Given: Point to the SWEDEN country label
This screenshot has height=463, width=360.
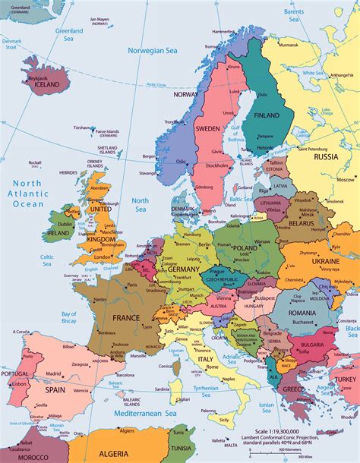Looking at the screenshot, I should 208,129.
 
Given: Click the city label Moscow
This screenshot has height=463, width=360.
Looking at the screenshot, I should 346,180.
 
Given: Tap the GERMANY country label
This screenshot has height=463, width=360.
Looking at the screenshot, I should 183,269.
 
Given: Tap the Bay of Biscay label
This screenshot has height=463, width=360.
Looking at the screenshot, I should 70,319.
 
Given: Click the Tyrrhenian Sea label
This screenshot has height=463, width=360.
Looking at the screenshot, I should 201,388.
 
